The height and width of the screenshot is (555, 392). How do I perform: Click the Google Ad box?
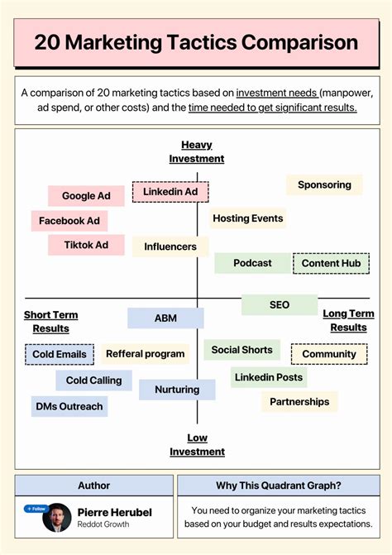point(86,196)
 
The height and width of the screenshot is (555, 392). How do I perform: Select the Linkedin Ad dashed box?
point(170,192)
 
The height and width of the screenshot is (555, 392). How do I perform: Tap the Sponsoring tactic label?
point(324,185)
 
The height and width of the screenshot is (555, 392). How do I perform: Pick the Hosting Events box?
point(247,218)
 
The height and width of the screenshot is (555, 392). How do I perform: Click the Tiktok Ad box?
point(86,245)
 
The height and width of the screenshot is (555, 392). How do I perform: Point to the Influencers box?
point(170,246)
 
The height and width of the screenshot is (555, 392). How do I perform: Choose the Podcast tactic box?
point(252,263)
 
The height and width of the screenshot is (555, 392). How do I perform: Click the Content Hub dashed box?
point(331,263)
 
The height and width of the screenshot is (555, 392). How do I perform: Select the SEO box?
point(280,304)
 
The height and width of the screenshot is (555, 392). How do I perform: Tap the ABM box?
point(165,318)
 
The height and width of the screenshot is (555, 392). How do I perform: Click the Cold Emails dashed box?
point(60,354)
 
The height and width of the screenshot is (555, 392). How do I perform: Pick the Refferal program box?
point(146,354)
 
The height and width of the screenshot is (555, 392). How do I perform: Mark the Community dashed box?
point(329,354)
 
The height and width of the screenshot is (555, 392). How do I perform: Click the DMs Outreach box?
point(69,406)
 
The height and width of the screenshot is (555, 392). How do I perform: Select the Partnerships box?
point(299,402)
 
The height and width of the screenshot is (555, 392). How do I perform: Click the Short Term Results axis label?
point(50,321)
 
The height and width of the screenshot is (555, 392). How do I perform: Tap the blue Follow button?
point(36,509)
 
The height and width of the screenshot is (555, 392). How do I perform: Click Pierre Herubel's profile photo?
point(58,518)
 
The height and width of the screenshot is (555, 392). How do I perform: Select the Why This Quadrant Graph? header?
point(279,486)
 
